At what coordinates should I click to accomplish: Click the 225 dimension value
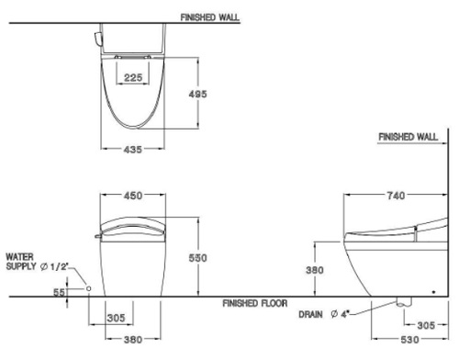133,77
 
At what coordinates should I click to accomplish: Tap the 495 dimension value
197,94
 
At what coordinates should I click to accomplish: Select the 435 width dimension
133,150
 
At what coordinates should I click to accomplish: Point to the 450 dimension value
133,196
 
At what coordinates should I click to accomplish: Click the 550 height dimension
197,258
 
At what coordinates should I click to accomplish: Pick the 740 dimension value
396,196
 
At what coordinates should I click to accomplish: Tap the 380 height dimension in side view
315,270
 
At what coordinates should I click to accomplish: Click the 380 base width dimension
133,340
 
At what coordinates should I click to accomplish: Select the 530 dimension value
409,340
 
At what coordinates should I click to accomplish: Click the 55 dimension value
59,292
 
